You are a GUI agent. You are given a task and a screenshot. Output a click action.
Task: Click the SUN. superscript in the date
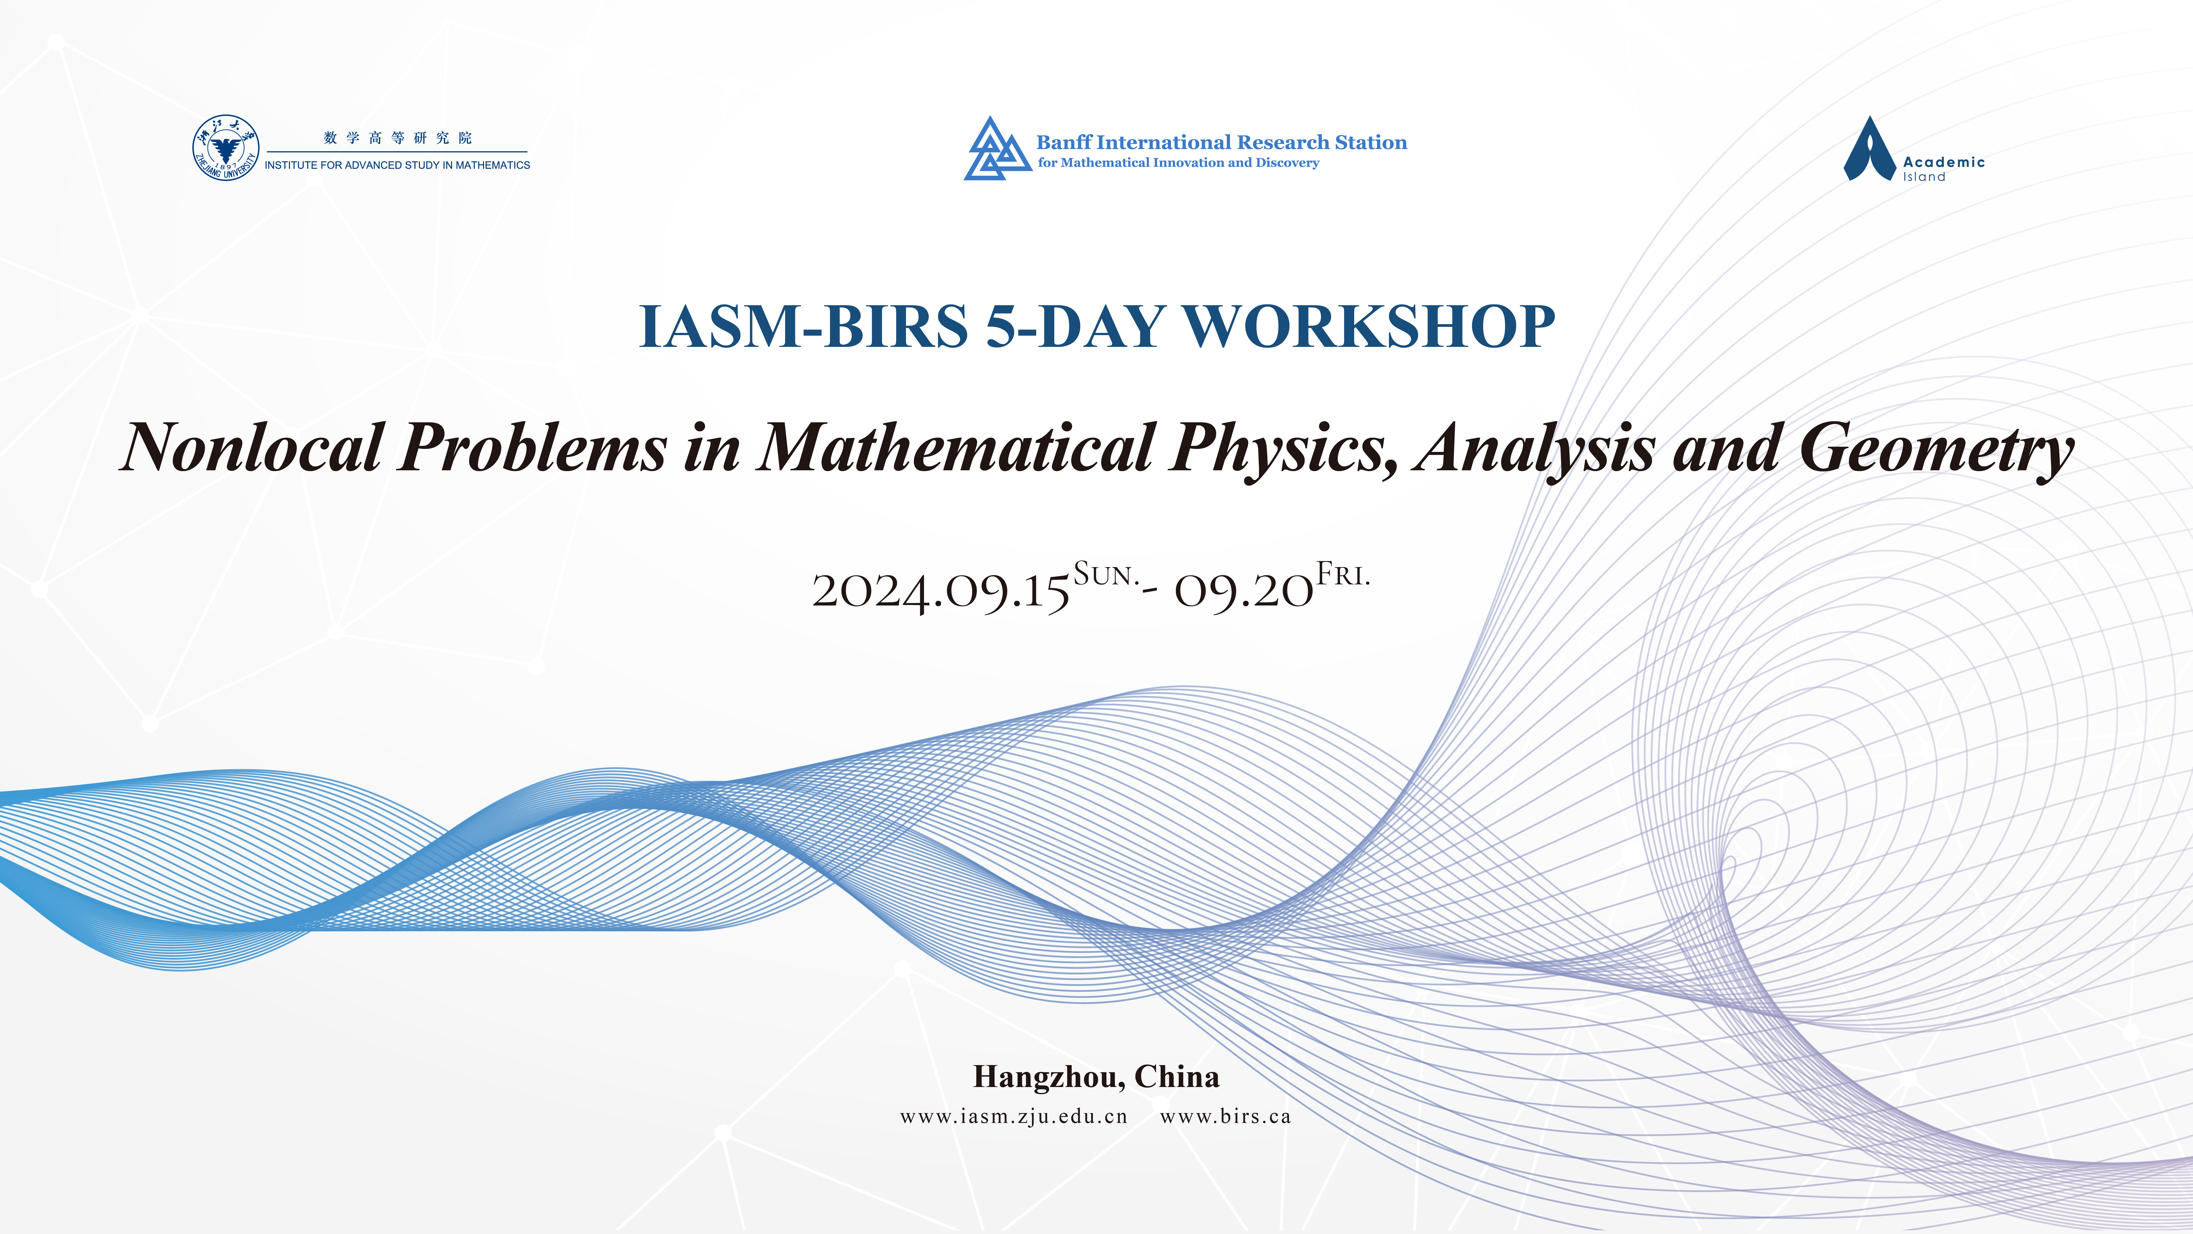[1105, 575]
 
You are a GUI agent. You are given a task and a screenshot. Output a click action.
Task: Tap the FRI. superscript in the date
[1343, 575]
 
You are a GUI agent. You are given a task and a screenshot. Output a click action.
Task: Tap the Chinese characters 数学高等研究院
[397, 138]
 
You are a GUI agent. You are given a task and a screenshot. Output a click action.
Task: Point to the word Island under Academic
[1924, 177]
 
